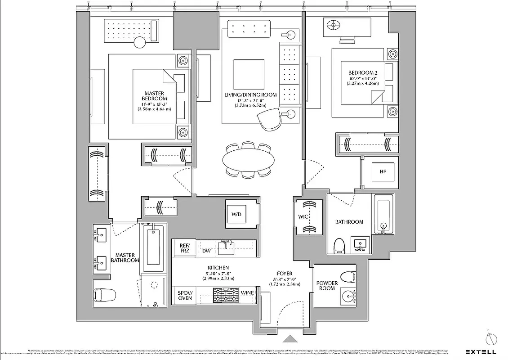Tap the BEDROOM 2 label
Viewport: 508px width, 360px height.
(363, 73)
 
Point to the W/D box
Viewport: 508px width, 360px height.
(236, 214)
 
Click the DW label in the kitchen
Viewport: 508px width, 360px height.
(206, 251)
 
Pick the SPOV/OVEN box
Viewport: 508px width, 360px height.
(185, 295)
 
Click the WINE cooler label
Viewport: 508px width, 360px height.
(247, 293)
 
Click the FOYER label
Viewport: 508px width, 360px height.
(285, 274)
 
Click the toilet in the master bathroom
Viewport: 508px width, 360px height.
(104, 295)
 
